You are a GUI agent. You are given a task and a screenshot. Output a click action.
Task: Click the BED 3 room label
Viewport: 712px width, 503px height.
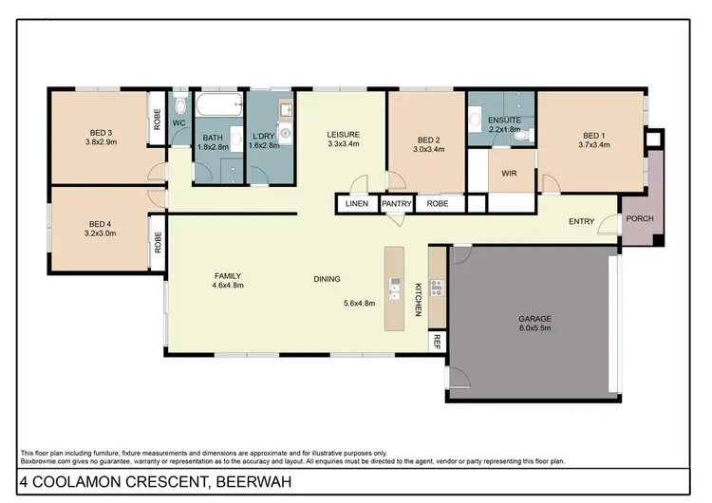(x=102, y=133)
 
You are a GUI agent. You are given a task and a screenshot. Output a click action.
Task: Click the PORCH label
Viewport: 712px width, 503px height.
(x=639, y=219)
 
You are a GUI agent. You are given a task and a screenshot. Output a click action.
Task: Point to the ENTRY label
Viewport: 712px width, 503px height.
(x=581, y=222)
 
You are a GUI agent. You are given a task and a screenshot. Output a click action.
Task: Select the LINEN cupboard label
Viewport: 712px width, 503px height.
(x=357, y=203)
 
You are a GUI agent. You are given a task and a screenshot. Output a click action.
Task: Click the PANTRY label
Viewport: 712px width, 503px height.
(x=395, y=203)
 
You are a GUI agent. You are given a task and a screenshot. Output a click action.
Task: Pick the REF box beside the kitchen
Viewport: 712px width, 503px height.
(x=438, y=341)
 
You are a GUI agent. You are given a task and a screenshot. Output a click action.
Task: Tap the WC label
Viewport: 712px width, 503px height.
(x=178, y=122)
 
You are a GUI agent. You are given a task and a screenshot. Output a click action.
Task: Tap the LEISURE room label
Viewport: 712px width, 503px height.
(x=343, y=135)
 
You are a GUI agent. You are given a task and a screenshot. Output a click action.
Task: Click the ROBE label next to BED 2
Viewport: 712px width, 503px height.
(x=438, y=203)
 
